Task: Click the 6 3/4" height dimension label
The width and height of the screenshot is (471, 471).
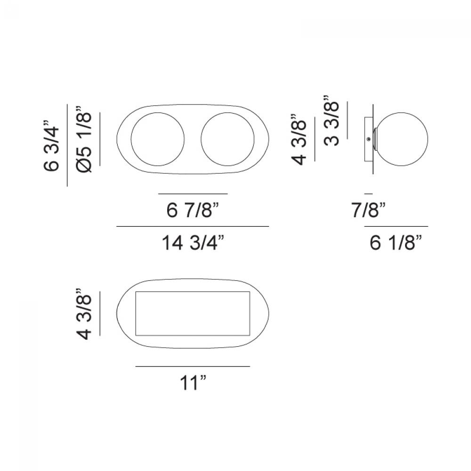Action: (x=51, y=146)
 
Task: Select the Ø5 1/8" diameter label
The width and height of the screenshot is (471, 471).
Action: (x=83, y=139)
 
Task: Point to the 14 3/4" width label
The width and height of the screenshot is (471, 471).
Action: (x=193, y=242)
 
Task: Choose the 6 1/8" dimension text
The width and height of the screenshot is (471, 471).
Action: (x=396, y=242)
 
